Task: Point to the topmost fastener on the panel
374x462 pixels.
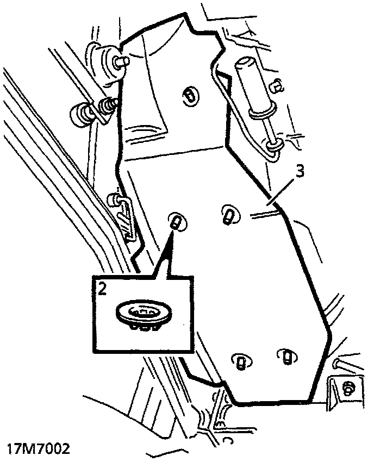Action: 189,95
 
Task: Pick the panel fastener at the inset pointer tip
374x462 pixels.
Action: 176,222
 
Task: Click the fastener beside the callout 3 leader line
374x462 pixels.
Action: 228,215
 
